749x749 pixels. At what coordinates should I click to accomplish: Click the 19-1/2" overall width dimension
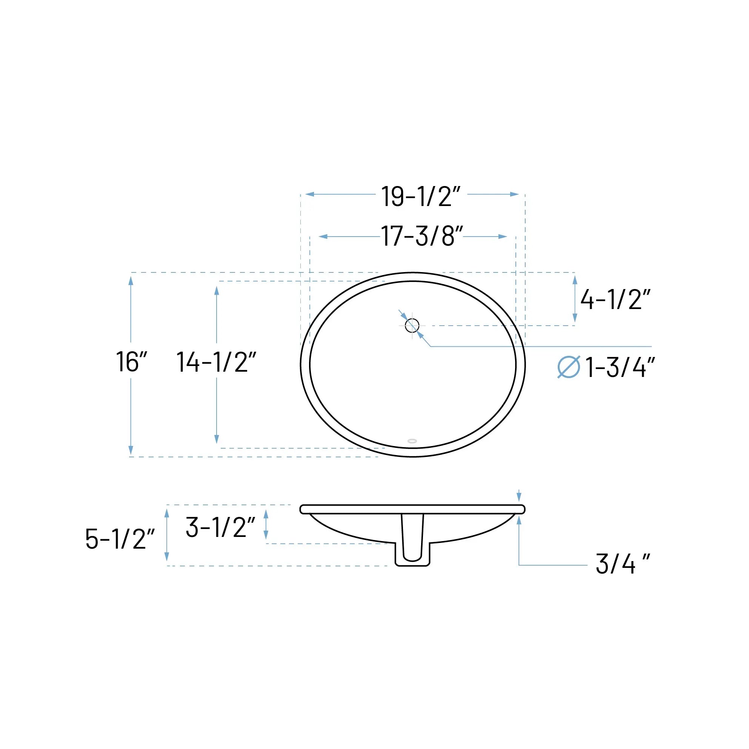421,196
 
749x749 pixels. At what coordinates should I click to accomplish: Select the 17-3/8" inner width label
422,236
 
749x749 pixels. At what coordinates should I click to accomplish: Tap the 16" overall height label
132,362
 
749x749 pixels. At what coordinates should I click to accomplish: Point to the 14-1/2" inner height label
216,362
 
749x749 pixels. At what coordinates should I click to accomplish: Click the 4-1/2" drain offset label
615,300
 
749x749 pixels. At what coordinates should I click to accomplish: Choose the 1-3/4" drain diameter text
620,367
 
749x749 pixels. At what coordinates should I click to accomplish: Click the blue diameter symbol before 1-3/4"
568,367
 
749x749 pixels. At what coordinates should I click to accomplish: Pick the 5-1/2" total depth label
120,539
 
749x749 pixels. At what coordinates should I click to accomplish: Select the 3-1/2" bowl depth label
220,527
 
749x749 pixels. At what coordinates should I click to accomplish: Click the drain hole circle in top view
412,326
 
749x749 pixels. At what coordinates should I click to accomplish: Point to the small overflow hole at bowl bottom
412,441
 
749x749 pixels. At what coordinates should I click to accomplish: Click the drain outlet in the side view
412,553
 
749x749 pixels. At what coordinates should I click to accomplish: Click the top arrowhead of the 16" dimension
131,281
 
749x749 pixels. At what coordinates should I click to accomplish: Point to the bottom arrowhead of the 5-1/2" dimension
167,556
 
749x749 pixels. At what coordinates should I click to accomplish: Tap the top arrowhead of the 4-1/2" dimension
575,280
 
